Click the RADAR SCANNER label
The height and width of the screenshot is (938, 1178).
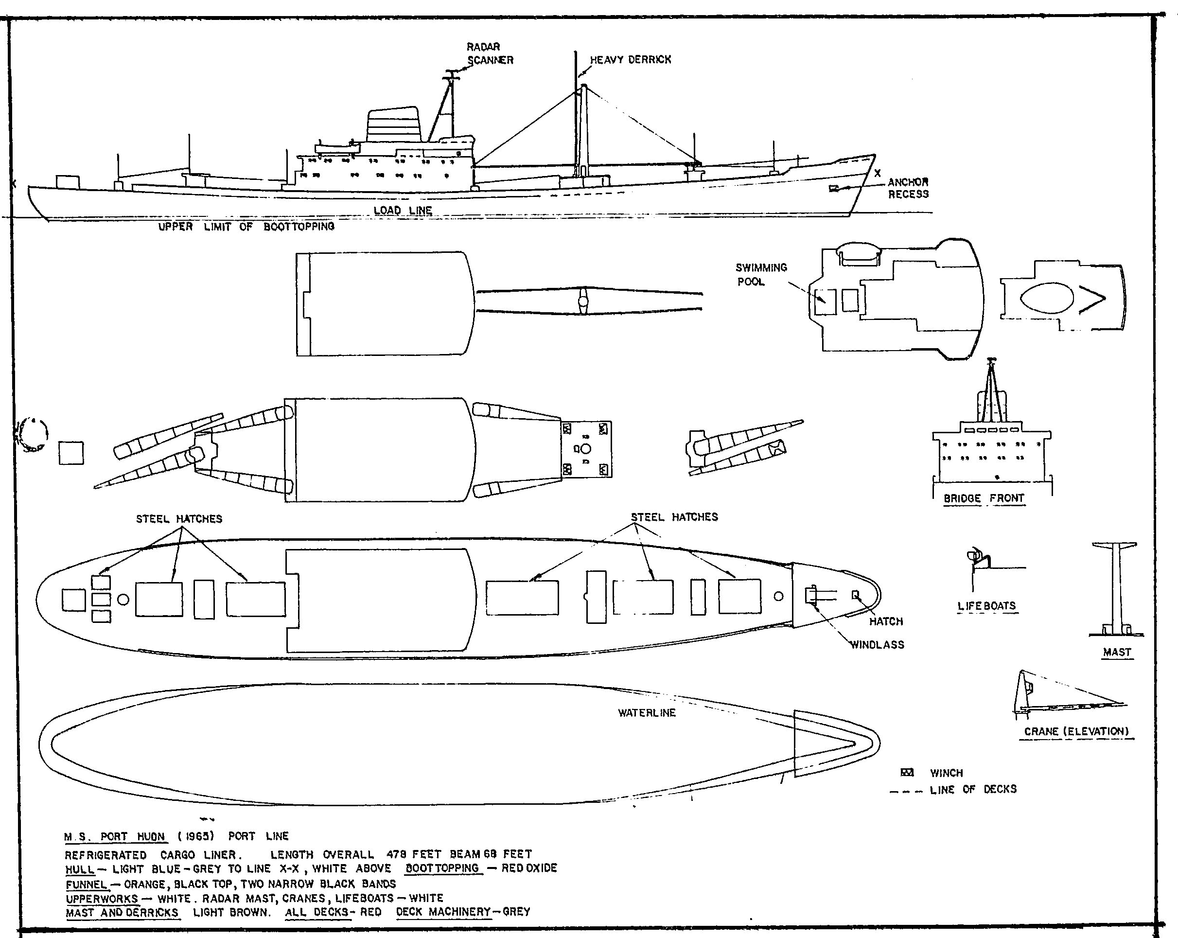pos(490,53)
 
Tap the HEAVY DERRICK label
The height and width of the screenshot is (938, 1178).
pos(630,60)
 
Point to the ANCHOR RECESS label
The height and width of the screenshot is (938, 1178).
pos(908,188)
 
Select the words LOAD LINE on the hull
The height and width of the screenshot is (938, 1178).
pos(403,211)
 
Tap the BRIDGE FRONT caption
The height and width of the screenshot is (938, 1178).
pos(984,498)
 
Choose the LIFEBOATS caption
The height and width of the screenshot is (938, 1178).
pos(986,606)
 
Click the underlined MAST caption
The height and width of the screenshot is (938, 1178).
pos(1117,652)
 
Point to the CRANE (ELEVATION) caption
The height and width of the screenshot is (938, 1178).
pos(1076,731)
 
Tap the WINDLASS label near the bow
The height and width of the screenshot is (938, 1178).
pos(878,645)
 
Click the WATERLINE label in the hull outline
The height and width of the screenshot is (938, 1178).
pos(647,713)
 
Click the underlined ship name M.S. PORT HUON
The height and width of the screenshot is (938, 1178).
pos(114,836)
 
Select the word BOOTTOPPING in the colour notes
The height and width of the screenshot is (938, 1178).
pos(443,868)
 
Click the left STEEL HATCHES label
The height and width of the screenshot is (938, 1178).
pos(179,519)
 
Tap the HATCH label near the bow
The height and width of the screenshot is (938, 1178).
pos(886,621)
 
